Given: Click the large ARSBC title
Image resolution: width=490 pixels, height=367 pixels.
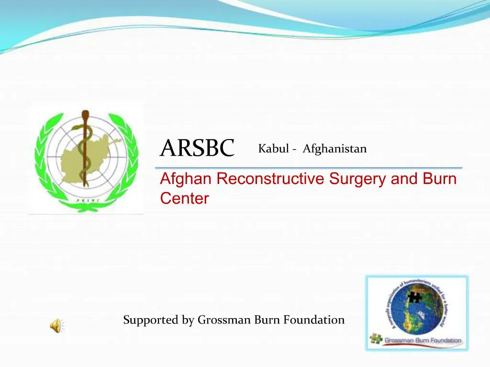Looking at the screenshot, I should (x=197, y=148).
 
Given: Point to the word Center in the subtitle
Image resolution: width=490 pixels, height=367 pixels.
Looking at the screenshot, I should (x=184, y=198).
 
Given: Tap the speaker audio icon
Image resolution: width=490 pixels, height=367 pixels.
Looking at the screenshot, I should (x=56, y=326).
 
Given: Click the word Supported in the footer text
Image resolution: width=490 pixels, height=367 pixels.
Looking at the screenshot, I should (x=151, y=320).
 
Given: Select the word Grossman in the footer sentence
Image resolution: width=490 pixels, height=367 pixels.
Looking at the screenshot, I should (x=224, y=320).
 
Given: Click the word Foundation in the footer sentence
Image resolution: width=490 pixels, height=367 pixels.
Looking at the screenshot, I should (x=314, y=320).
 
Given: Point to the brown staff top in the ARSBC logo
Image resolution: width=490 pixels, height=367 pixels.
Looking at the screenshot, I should (x=86, y=115).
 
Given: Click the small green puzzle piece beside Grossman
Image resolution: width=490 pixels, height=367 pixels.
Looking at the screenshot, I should (x=376, y=340).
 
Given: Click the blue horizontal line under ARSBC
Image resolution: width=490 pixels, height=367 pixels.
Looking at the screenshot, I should (x=309, y=168).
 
